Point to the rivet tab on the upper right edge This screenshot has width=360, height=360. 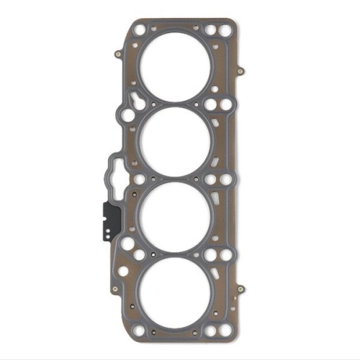[x=240, y=71]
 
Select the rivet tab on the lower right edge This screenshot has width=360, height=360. [x=240, y=289]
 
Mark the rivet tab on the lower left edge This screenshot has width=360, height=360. [x=115, y=289]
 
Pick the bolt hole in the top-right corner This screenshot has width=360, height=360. [x=225, y=30]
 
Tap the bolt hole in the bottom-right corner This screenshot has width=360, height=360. [x=225, y=328]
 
